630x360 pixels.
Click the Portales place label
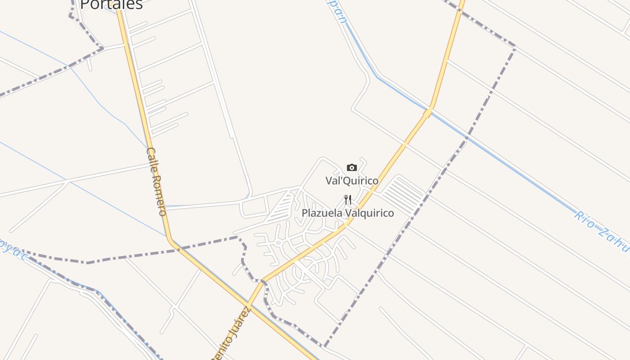[111, 4]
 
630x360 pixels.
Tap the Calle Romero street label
[156, 181]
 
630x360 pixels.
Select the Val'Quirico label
[352, 180]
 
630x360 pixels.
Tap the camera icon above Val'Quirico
[352, 168]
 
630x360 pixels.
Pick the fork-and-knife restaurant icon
[348, 199]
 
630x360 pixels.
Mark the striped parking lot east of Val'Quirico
[403, 195]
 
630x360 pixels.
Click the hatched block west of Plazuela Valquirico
[280, 207]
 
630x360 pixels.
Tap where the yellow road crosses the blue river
[428, 111]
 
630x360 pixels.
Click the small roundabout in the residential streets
[278, 243]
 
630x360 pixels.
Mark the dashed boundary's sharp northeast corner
[514, 47]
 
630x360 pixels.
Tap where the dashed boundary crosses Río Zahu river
[467, 137]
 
